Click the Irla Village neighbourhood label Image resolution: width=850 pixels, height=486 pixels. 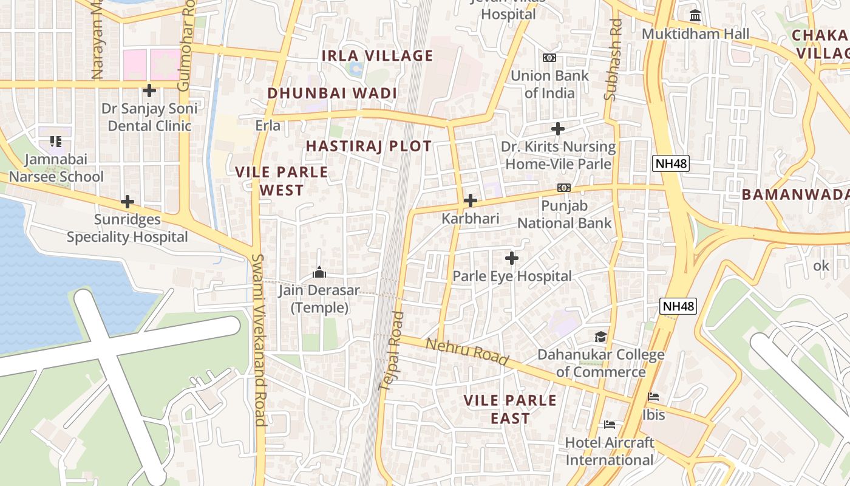[377, 56]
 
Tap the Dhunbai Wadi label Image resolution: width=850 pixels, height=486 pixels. [332, 93]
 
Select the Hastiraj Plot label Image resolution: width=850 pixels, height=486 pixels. [369, 146]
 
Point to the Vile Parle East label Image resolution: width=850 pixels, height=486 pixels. [510, 409]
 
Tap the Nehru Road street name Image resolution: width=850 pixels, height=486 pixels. [466, 352]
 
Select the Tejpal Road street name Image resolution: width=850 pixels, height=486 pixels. [391, 351]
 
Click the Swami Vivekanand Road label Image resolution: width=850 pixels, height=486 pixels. [260, 340]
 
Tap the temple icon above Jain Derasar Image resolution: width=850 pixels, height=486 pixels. [319, 272]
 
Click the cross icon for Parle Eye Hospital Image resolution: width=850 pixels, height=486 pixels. [512, 258]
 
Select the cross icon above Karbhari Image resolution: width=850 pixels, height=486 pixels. [470, 200]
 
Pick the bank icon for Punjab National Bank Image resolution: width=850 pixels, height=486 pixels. [564, 188]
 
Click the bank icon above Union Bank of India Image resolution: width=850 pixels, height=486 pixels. [549, 58]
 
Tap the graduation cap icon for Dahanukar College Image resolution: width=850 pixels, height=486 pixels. [600, 337]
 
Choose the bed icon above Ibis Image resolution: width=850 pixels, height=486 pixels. [653, 397]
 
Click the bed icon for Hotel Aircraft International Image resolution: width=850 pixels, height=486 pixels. [610, 424]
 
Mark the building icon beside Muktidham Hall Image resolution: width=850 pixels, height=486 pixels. [695, 15]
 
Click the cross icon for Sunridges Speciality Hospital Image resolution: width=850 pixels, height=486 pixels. [127, 202]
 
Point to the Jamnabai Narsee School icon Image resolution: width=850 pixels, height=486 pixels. [56, 142]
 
